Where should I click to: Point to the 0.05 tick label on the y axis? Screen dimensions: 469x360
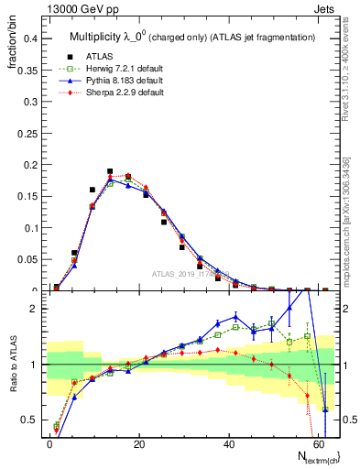click(x=27, y=260)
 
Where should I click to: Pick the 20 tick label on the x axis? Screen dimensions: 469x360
click(x=139, y=442)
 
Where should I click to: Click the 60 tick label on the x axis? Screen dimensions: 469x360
click(x=318, y=442)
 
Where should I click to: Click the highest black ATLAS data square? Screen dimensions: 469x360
click(x=110, y=171)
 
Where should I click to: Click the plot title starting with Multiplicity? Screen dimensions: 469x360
click(x=192, y=37)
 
